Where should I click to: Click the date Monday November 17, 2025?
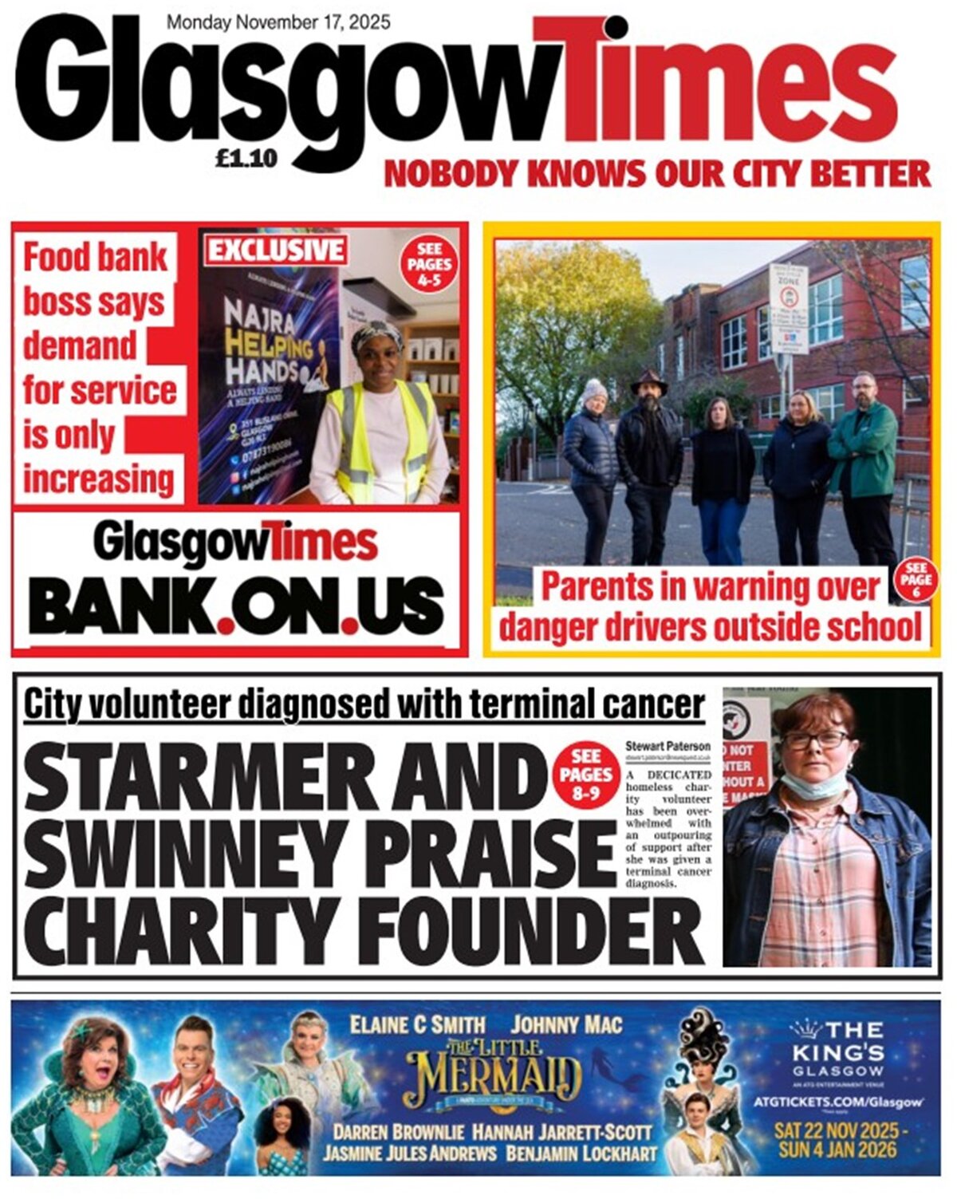(x=278, y=22)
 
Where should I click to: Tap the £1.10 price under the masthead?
(x=246, y=160)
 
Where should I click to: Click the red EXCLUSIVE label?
(x=276, y=250)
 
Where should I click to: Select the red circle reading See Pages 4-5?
(x=429, y=264)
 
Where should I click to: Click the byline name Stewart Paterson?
(x=668, y=746)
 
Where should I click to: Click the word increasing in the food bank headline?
(x=98, y=480)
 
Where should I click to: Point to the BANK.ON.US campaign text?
(x=236, y=605)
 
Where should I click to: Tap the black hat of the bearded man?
(x=649, y=381)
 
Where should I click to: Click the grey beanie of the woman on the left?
(x=594, y=389)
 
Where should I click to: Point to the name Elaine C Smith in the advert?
(x=417, y=1025)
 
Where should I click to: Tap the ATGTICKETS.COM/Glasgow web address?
(x=837, y=1102)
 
